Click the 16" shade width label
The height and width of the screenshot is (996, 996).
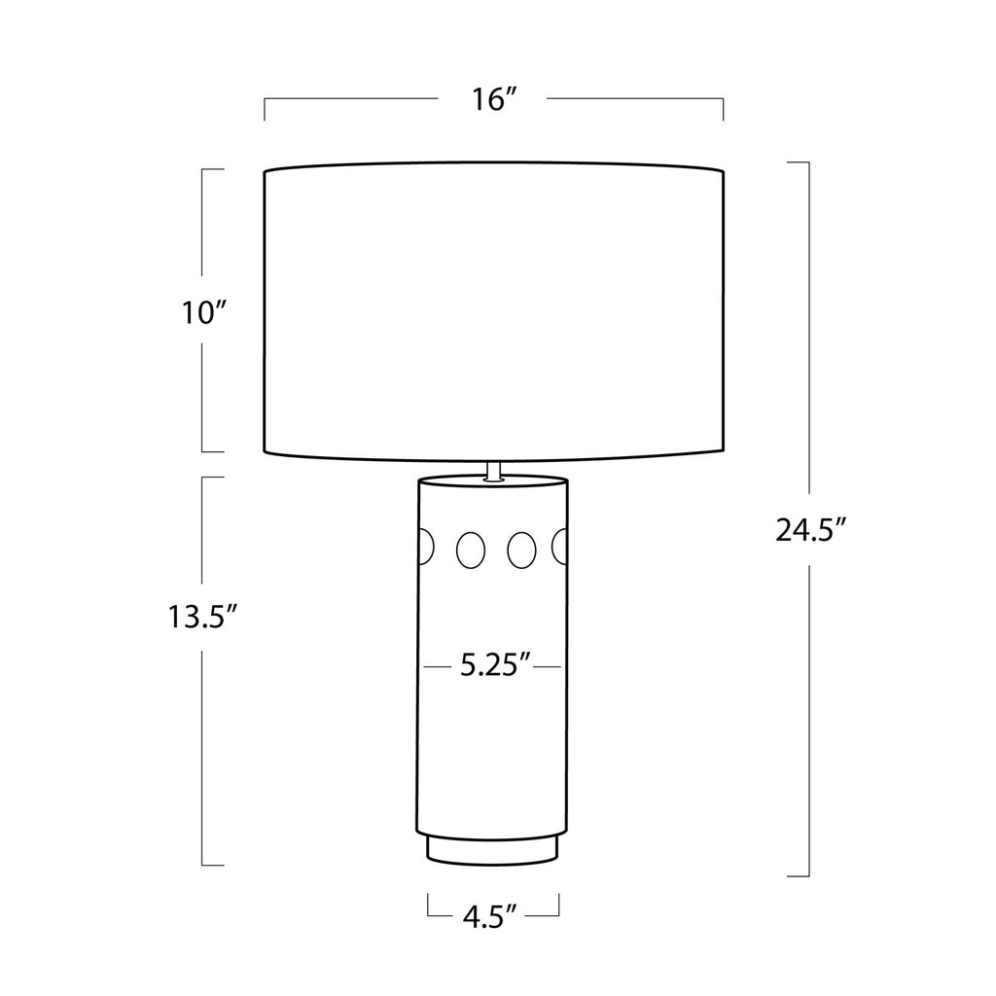pyautogui.click(x=492, y=99)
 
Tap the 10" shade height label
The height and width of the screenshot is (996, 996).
pyautogui.click(x=204, y=312)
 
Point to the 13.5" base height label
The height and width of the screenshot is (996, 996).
pyautogui.click(x=202, y=616)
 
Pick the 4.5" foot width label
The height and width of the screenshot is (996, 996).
pyautogui.click(x=492, y=917)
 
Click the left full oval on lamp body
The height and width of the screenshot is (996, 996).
pyautogui.click(x=470, y=550)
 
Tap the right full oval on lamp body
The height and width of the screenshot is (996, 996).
pyautogui.click(x=521, y=550)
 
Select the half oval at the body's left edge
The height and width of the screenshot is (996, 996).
pyautogui.click(x=426, y=547)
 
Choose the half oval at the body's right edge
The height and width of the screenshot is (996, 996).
pyautogui.click(x=559, y=547)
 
